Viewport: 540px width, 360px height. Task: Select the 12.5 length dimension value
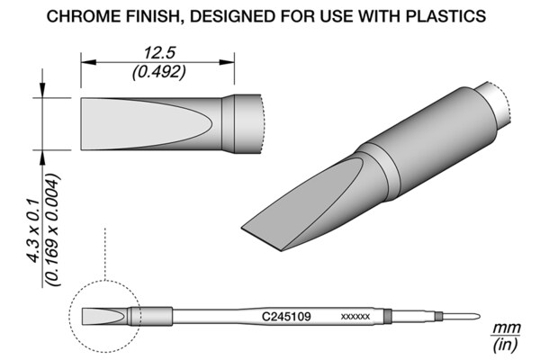tap(159, 53)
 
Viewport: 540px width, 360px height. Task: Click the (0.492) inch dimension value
tap(159, 72)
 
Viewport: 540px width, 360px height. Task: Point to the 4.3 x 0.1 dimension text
tap(34, 230)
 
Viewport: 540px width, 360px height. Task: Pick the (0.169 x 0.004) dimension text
tap(53, 230)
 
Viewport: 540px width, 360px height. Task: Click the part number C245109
tap(286, 316)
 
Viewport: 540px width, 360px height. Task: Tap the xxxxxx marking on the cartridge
tap(355, 317)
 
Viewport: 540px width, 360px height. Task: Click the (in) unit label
tap(505, 345)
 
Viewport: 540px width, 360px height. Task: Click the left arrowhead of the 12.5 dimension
tap(88, 62)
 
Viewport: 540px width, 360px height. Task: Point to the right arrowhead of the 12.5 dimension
tap(227, 62)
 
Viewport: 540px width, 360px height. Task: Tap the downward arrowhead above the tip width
tap(42, 90)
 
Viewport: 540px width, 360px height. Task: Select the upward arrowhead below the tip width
tap(42, 157)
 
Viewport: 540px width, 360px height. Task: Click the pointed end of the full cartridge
tap(480, 316)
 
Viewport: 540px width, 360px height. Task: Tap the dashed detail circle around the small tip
tap(69, 316)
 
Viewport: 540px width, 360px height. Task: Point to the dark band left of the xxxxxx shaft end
tap(388, 316)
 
